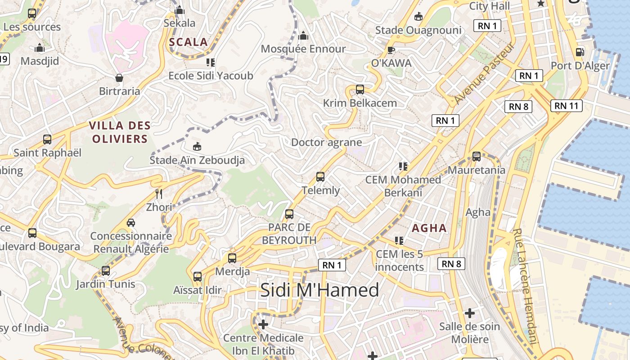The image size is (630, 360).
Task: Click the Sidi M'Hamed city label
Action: [319, 290]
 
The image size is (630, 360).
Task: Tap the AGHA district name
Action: [429, 228]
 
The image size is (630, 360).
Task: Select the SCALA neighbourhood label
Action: [189, 42]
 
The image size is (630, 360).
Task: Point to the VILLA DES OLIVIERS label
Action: [120, 132]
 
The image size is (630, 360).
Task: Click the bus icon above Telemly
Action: [320, 176]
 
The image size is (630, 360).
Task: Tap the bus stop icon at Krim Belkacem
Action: [360, 89]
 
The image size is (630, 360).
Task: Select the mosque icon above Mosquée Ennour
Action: [303, 35]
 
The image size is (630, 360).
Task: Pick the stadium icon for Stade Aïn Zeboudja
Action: [197, 146]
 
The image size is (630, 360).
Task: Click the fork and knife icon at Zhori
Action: [158, 194]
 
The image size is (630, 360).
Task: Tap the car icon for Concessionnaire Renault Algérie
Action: [131, 222]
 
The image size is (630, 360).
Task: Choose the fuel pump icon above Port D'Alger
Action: [580, 52]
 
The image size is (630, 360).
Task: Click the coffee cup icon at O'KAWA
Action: [391, 49]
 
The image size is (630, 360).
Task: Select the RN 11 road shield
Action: [566, 106]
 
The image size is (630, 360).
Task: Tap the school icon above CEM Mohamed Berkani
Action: [403, 166]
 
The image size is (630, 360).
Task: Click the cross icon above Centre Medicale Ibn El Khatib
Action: [263, 324]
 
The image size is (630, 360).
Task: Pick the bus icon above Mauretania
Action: [476, 157]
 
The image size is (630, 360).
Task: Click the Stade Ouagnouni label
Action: [418, 30]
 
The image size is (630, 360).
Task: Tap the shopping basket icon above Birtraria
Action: [119, 78]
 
